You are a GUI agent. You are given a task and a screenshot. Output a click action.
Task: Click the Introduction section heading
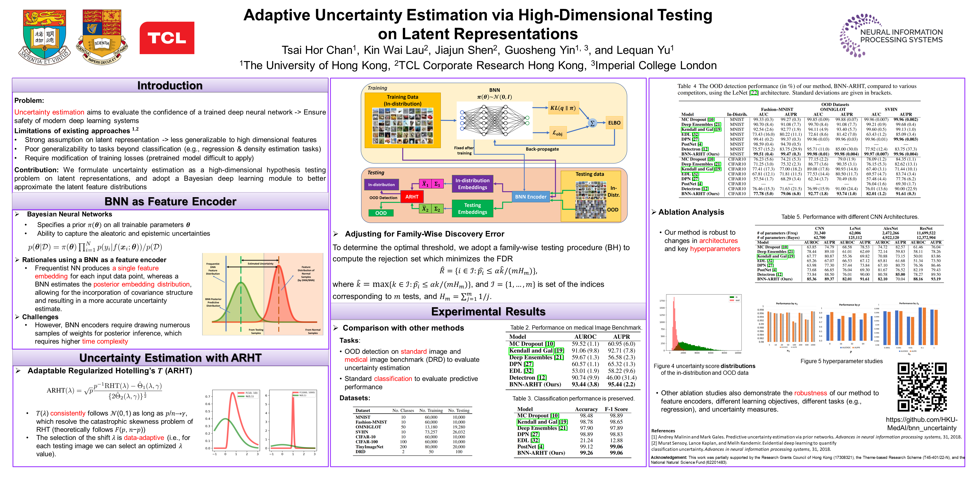170,86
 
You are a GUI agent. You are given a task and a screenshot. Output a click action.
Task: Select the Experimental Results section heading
488,312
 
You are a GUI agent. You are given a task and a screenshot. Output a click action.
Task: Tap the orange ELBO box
614,123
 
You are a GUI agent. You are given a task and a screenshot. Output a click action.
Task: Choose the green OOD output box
381,213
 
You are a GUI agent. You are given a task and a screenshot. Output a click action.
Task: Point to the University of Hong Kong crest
44,37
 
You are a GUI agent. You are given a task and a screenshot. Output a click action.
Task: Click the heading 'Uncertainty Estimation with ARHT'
170,358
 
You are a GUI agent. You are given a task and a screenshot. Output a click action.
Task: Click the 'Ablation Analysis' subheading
691,212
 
